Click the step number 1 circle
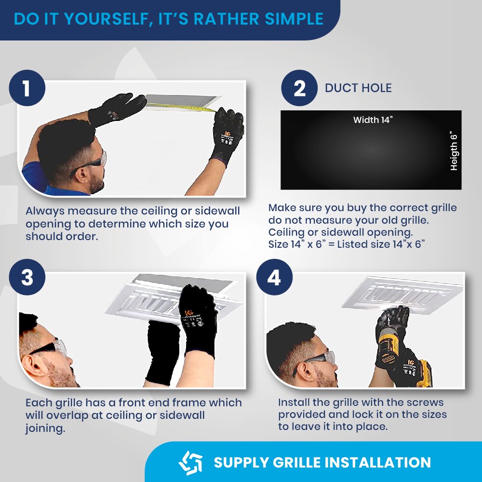27,88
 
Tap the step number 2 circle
299,88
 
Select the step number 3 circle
27,277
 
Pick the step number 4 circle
274,277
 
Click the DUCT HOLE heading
358,88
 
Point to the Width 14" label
373,120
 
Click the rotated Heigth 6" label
454,152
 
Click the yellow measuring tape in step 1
181,107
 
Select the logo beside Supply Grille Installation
190,463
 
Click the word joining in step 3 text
45,428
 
